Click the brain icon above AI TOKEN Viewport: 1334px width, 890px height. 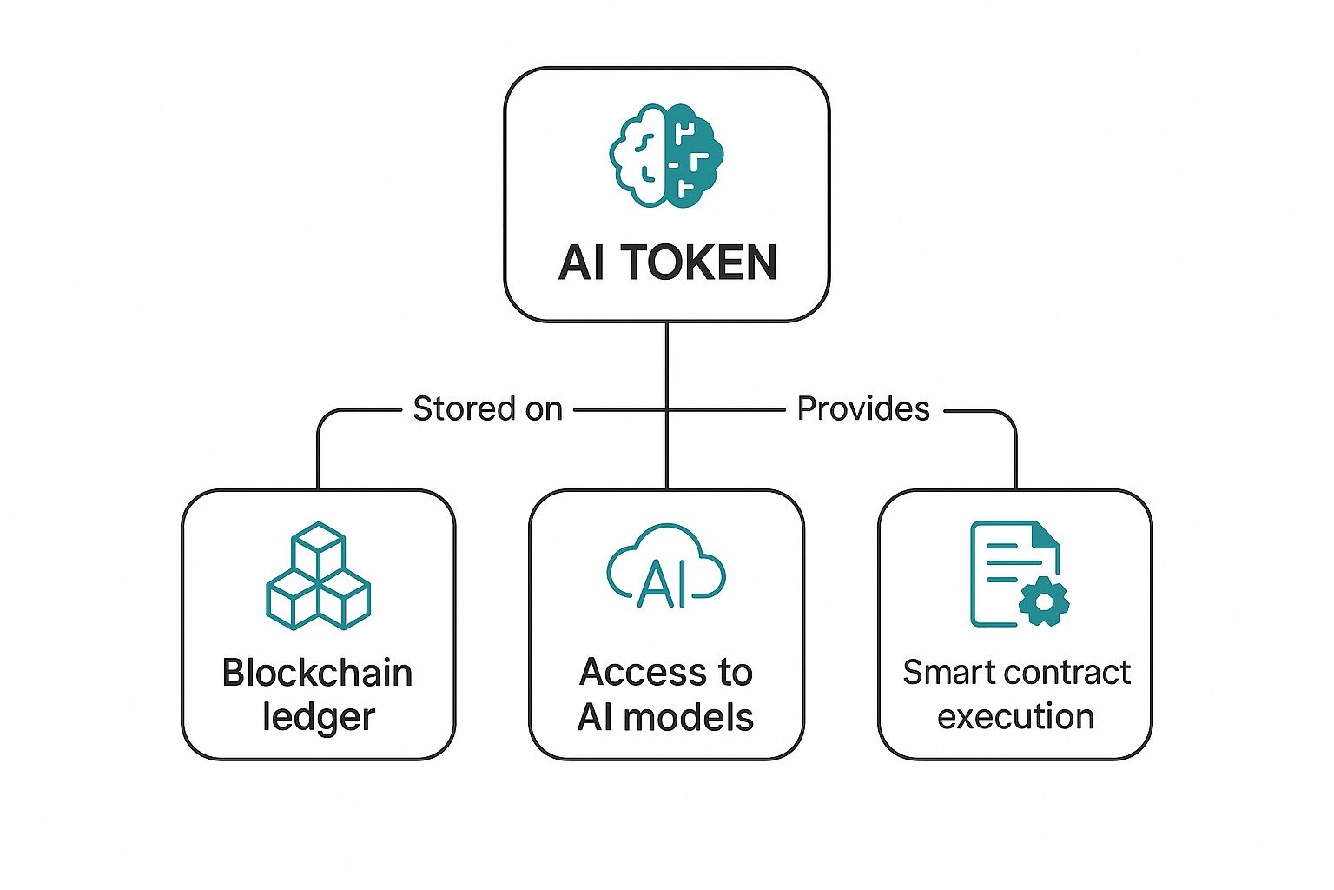click(666, 156)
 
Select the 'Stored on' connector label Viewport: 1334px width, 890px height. click(487, 408)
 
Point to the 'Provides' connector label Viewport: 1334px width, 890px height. click(863, 408)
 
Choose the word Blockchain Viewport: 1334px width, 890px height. click(318, 673)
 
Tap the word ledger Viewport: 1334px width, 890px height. click(318, 718)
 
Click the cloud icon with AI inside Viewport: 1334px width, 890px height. click(666, 567)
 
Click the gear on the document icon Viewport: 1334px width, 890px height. click(1043, 600)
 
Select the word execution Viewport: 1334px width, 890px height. click(1015, 718)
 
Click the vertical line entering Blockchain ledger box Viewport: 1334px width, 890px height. click(318, 461)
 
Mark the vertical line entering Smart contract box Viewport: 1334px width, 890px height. click(1015, 461)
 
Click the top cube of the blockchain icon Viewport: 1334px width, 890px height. click(319, 546)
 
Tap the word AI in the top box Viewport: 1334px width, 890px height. click(581, 262)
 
